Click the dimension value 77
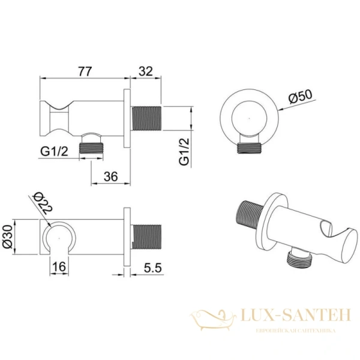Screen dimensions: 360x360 click(85, 71)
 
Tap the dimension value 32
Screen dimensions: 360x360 click(146, 71)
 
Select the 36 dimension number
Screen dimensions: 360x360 click(110, 176)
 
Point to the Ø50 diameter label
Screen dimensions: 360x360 click(301, 97)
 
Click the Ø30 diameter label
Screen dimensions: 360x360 click(8, 236)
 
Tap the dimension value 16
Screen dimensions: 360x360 click(59, 266)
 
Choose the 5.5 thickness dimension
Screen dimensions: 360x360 click(152, 268)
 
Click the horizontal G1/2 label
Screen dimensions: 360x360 click(54, 152)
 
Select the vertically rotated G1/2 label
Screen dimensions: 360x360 click(184, 152)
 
